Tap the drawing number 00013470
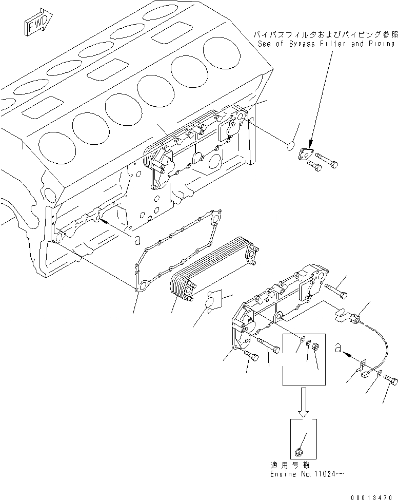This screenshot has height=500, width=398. tap(373, 496)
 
